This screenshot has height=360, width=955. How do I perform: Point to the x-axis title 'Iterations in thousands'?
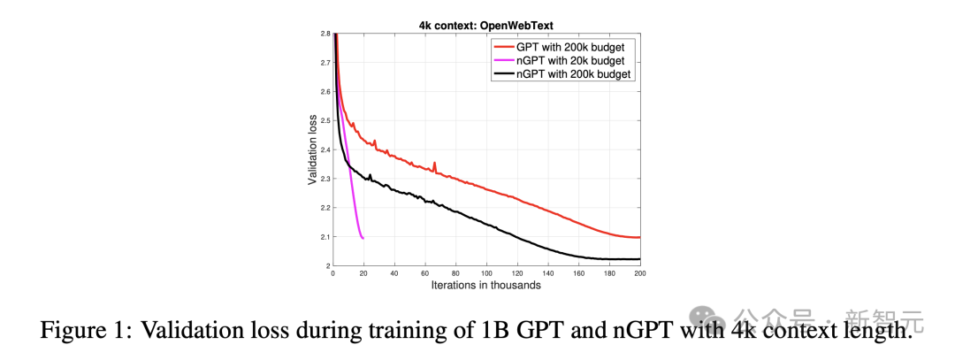[485, 285]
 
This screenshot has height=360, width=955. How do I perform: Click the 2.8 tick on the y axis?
[325, 34]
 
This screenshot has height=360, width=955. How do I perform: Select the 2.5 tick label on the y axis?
[325, 120]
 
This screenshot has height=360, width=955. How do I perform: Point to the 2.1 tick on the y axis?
[325, 236]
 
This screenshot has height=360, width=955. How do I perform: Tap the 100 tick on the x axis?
[485, 273]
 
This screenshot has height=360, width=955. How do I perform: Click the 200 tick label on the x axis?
[638, 273]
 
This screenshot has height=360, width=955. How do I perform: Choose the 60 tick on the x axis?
[424, 273]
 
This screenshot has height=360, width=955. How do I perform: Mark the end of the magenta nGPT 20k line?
[363, 238]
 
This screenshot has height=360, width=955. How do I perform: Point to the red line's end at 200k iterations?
[638, 237]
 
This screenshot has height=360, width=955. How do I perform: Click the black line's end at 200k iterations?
[638, 259]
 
